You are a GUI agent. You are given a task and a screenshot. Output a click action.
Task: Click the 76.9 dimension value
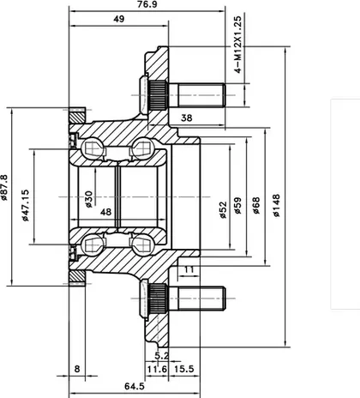click(147, 4)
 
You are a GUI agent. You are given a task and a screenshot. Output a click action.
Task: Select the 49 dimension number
click(119, 19)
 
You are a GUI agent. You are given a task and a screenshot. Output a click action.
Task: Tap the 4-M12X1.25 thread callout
click(237, 45)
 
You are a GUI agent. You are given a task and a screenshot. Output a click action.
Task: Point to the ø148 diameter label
click(276, 206)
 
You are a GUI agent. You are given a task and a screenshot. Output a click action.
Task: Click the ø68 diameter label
click(256, 206)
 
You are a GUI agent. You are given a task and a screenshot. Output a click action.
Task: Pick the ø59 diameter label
click(237, 206)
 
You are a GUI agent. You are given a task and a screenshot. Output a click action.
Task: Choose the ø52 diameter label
click(223, 210)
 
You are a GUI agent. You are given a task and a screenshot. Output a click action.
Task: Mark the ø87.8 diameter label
click(4, 188)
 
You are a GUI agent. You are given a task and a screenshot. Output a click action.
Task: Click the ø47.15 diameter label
click(25, 205)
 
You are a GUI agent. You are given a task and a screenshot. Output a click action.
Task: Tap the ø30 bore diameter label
click(88, 199)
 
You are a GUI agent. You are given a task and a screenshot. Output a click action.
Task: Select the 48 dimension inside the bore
click(105, 212)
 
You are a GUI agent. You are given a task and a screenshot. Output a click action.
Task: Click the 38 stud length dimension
click(187, 118)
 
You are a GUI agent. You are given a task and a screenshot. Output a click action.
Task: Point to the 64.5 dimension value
click(135, 386)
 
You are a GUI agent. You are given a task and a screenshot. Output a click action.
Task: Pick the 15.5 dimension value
click(184, 369)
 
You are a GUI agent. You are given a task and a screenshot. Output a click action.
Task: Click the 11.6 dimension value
click(157, 369)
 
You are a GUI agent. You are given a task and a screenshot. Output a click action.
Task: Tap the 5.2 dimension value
click(162, 356)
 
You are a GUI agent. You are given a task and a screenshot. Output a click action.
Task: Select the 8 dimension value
click(77, 369)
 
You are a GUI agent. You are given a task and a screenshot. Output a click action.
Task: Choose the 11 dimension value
click(189, 269)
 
